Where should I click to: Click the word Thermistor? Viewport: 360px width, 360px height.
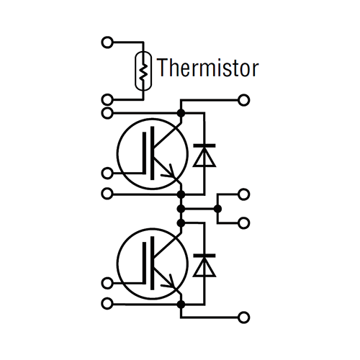tap(208, 68)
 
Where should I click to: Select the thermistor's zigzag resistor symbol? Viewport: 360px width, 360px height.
tap(143, 71)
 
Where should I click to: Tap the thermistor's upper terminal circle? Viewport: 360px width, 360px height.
tap(107, 42)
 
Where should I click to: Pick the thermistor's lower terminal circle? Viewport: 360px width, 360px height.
tap(107, 99)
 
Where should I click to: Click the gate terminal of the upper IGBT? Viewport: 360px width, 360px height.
tap(107, 174)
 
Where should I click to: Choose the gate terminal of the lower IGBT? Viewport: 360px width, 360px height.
tap(107, 283)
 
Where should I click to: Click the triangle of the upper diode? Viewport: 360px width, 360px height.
tap(204, 157)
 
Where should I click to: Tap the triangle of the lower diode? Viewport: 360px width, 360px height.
tap(204, 267)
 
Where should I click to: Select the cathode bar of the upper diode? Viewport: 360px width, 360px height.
tap(204, 145)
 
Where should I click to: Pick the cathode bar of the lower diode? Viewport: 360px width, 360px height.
tap(204, 256)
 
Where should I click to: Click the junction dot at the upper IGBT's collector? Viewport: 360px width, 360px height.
tap(181, 113)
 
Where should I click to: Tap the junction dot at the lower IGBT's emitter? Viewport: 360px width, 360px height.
tap(181, 305)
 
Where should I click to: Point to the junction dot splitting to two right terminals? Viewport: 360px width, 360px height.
tap(217, 209)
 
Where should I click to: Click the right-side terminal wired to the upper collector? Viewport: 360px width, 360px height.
tap(243, 100)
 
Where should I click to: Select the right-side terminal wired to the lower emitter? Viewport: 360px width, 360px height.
tap(243, 318)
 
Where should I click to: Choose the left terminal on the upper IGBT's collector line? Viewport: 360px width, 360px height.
tap(107, 113)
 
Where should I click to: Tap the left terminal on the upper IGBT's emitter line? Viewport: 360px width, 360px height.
tap(107, 194)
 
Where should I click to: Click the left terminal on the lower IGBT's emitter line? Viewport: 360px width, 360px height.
tap(107, 304)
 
